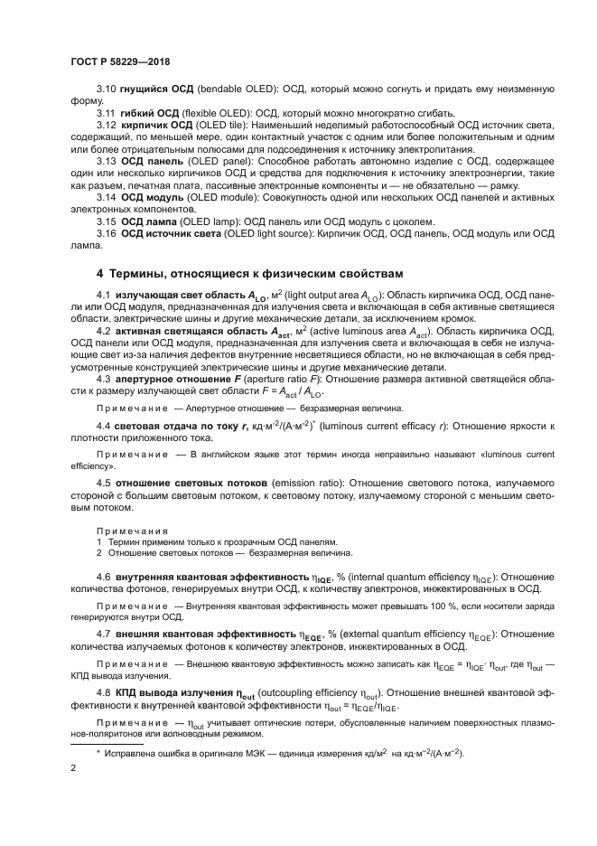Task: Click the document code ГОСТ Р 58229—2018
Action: [x=119, y=61]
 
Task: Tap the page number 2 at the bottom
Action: [x=73, y=767]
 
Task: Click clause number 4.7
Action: [x=104, y=634]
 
